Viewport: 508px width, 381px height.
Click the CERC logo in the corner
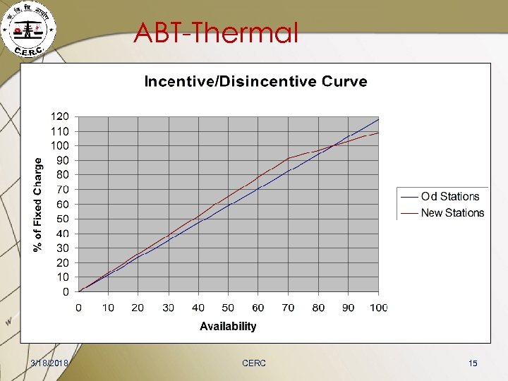(x=29, y=30)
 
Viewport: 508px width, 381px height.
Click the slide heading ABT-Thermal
(x=216, y=32)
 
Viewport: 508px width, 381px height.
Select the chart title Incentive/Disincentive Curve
(x=255, y=81)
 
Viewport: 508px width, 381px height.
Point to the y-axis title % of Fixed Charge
(x=39, y=204)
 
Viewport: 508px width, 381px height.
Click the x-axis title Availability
(x=228, y=326)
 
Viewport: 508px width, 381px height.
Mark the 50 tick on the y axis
(x=62, y=219)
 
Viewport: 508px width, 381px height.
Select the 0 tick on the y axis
(x=65, y=291)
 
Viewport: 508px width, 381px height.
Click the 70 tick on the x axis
(x=288, y=308)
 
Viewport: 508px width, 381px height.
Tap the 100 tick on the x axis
(x=378, y=308)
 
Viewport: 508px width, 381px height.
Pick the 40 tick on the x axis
(x=198, y=308)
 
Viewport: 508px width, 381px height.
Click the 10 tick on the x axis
(x=108, y=308)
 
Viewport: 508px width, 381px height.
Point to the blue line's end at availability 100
(x=379, y=119)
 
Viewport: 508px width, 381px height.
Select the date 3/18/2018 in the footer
(x=50, y=363)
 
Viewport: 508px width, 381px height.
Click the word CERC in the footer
(x=254, y=363)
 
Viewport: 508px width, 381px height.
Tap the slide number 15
(x=473, y=363)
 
